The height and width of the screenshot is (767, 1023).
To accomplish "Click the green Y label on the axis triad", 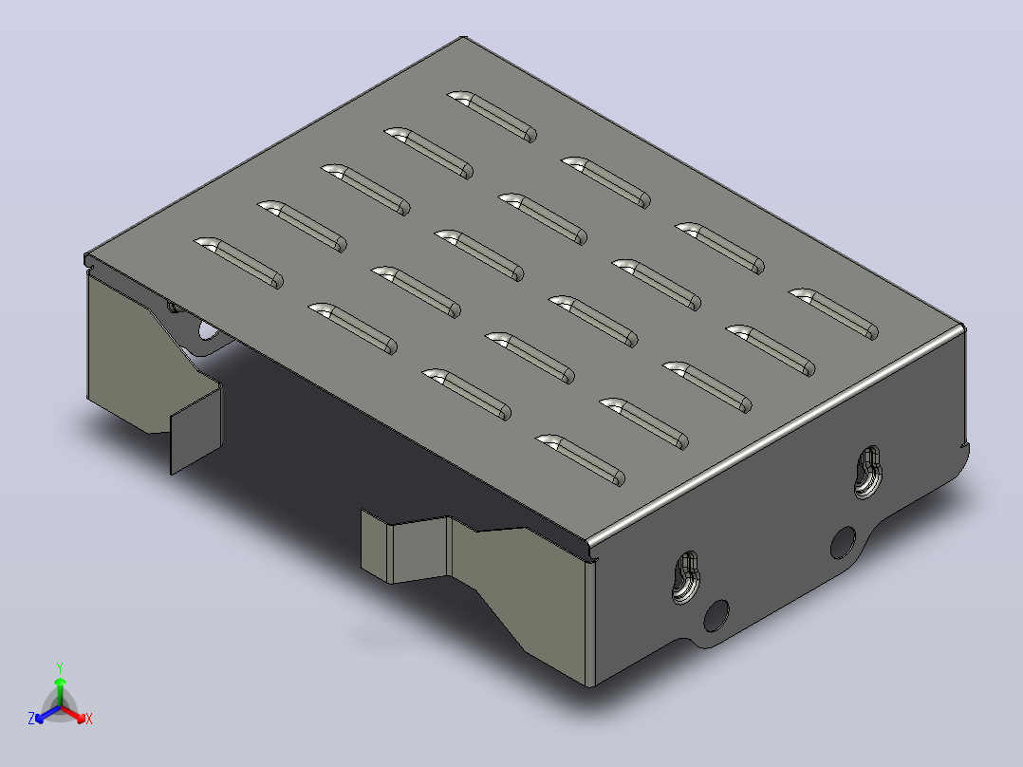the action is [60, 667].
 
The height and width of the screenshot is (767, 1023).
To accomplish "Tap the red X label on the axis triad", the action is [89, 719].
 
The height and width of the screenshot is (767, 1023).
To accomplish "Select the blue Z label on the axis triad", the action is [31, 718].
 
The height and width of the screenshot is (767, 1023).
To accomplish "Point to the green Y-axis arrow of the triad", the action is [60, 691].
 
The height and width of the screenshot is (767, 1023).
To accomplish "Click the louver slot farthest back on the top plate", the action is [492, 116].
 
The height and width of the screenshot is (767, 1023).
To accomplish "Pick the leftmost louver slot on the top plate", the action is [239, 263].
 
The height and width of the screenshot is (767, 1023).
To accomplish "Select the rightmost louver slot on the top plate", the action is [834, 314].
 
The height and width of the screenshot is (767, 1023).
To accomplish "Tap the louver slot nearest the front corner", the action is [580, 460].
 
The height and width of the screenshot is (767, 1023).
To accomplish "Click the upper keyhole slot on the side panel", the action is [867, 471].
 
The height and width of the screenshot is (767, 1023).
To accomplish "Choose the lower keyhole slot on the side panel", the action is [685, 577].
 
